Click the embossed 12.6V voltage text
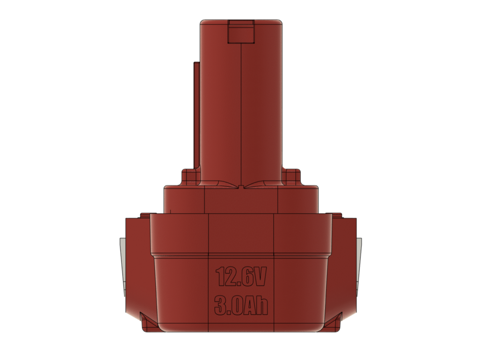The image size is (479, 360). coord(241,277)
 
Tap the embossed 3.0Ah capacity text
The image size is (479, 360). coord(241,305)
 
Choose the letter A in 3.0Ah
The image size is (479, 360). coord(249,305)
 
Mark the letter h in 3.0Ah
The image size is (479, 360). coord(262,305)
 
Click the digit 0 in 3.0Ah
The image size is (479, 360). coord(236,305)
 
